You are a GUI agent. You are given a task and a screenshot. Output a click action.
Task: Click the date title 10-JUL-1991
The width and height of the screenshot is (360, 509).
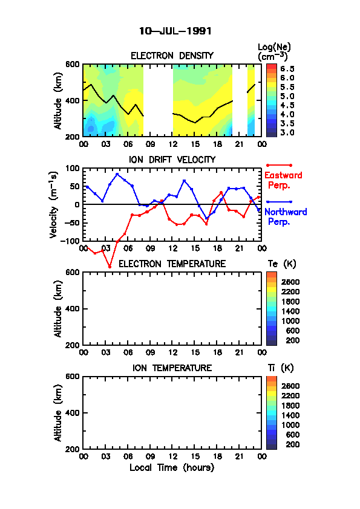pos(175,31)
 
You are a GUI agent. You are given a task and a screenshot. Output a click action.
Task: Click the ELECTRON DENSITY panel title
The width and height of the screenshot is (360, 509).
pos(172,56)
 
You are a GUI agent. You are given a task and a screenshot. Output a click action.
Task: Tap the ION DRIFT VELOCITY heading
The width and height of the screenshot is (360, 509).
pos(172,160)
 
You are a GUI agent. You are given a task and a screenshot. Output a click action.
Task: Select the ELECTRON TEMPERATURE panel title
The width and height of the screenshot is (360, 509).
pos(172,264)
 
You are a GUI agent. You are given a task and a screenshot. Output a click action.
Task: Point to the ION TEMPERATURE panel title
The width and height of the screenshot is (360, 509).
pos(172,368)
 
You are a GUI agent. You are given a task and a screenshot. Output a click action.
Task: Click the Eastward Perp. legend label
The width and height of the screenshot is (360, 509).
pos(283,180)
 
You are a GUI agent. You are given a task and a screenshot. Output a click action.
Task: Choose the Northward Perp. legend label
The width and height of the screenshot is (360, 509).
pos(286,216)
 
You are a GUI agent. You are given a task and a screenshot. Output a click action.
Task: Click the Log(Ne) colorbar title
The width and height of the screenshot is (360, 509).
pos(274,52)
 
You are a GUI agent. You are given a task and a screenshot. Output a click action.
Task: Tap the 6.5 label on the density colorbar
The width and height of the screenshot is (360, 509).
pos(287,69)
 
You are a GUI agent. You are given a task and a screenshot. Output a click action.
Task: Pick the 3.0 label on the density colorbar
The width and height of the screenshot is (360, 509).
pos(287,132)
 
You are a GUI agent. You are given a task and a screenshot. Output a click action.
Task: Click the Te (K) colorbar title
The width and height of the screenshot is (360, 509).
pos(282,264)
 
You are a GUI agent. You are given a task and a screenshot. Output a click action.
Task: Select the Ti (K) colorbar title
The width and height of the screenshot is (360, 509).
pos(281,368)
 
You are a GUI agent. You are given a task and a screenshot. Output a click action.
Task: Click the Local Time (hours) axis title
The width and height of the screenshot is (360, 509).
pos(172,468)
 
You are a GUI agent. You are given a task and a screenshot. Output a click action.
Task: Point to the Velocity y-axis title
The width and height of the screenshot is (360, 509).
pos(54,205)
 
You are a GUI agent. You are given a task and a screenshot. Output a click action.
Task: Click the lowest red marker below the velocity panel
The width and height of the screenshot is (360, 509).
pos(110,267)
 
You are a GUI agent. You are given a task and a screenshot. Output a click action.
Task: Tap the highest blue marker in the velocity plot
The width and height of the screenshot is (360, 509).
pos(117,174)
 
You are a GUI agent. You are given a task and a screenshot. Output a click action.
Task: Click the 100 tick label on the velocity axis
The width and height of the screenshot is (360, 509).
pos(73,168)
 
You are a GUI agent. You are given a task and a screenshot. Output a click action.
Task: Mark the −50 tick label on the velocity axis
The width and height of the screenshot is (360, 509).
pos(72,222)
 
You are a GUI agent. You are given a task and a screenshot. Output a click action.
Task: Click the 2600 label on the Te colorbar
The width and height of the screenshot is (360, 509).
pos(290,282)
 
